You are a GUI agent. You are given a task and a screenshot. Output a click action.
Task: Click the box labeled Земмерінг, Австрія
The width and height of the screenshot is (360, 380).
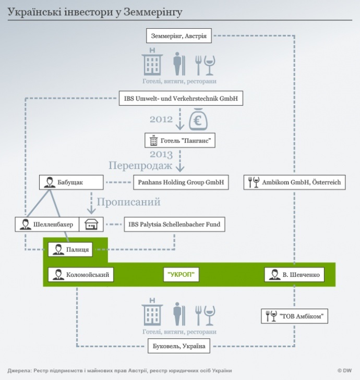coord(178,36)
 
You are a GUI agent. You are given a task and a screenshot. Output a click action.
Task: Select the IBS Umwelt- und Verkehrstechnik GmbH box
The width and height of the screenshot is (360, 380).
coord(181,98)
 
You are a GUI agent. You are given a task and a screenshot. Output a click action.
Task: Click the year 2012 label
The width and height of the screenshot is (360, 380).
coord(161,119)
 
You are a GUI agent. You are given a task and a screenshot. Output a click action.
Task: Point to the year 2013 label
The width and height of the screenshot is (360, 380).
coord(161,154)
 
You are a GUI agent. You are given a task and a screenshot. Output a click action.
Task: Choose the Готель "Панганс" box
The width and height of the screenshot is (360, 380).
coord(179,140)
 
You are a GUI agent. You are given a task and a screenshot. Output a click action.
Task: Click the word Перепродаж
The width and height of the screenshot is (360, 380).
coord(140,166)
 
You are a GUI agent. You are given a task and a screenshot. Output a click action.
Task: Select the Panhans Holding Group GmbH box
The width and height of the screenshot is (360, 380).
coord(181,182)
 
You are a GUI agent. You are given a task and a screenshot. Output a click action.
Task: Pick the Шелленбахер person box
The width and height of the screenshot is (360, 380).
coord(47,225)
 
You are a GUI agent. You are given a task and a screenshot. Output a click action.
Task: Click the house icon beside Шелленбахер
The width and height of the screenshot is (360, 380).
coord(91,225)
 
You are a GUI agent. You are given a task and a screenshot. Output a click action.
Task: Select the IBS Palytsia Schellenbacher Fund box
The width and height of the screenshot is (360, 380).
coord(174,225)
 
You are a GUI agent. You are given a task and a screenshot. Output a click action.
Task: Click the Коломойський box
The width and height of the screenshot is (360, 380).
coord(80,275)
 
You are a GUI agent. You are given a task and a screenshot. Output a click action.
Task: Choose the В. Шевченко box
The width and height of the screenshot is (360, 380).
coord(294,275)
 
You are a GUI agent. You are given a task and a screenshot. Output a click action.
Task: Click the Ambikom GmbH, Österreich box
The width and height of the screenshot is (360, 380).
coord(294,182)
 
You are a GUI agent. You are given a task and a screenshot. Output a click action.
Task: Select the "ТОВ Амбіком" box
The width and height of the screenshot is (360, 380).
coord(295,316)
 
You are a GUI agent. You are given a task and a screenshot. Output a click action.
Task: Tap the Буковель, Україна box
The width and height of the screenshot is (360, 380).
coord(178,346)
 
